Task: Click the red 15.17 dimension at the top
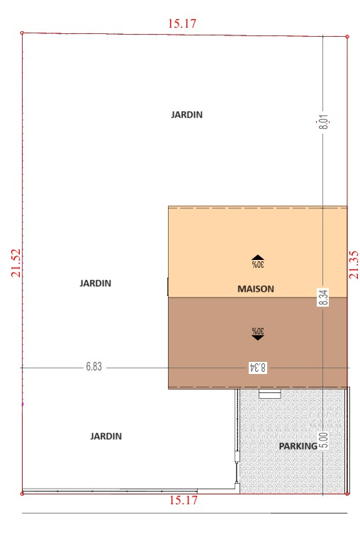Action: coord(182,23)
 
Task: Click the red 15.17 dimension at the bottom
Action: coord(184,500)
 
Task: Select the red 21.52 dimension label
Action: coord(16,263)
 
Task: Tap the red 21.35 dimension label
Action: coord(354,265)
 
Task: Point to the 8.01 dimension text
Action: coord(324,122)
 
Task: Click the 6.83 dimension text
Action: coord(94,366)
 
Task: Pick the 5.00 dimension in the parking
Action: coord(324,441)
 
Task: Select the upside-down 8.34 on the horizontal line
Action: coord(257,368)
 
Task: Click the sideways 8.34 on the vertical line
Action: coord(324,297)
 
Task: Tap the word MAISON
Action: coord(256,289)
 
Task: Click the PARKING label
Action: coord(298,446)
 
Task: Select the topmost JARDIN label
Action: coord(186,115)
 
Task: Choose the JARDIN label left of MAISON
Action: coord(95,283)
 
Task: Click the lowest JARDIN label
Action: coord(106,436)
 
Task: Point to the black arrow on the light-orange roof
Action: coord(257,257)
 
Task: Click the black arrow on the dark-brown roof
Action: coord(257,338)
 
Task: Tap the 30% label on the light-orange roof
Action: coord(257,264)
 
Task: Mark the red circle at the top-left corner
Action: coord(23,33)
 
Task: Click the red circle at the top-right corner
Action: coord(347,36)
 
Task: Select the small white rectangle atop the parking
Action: coord(269,395)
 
